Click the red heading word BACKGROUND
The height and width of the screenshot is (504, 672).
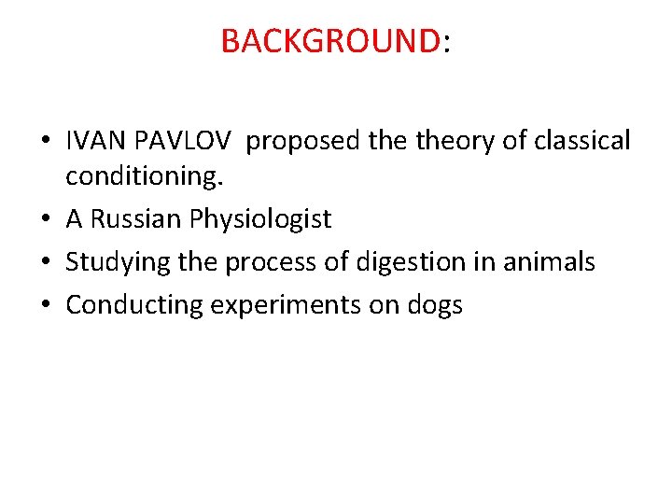[330, 41]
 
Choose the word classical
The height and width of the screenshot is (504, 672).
[581, 141]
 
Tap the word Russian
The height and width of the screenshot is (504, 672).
[139, 219]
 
